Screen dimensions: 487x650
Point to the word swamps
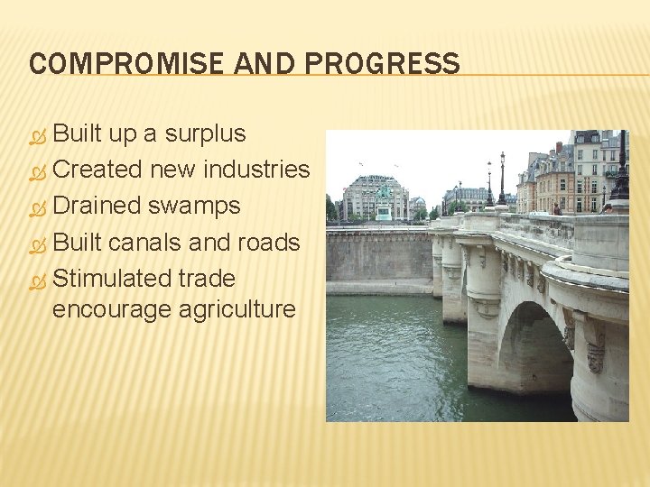[x=193, y=206]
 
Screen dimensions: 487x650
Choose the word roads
[x=268, y=242]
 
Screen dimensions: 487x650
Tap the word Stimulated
[x=112, y=278]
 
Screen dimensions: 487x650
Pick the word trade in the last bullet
[x=207, y=278]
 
